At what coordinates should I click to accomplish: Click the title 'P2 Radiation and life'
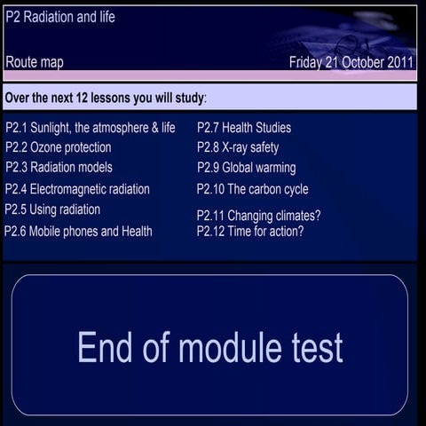(60, 17)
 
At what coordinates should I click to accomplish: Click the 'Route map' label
(35, 63)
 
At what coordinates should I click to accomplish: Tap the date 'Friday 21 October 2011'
(351, 63)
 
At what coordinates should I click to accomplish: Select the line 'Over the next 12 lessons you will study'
(106, 96)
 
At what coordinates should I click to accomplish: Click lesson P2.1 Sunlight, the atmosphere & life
(91, 128)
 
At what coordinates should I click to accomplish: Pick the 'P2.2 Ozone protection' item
(59, 147)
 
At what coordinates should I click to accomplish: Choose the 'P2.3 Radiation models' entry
(59, 167)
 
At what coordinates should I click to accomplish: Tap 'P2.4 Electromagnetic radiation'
(77, 189)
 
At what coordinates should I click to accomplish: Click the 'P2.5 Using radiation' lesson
(52, 209)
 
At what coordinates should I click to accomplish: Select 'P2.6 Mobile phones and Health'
(78, 231)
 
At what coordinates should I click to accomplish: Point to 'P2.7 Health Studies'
(244, 128)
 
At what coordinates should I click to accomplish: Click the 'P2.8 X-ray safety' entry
(238, 147)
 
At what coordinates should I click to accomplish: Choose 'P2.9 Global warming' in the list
(247, 168)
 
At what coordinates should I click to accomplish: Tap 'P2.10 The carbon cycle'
(253, 189)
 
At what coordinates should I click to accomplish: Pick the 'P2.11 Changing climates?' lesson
(258, 216)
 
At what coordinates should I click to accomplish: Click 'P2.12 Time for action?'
(250, 232)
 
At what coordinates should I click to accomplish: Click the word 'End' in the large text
(107, 347)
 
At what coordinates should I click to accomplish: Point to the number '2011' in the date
(398, 63)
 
